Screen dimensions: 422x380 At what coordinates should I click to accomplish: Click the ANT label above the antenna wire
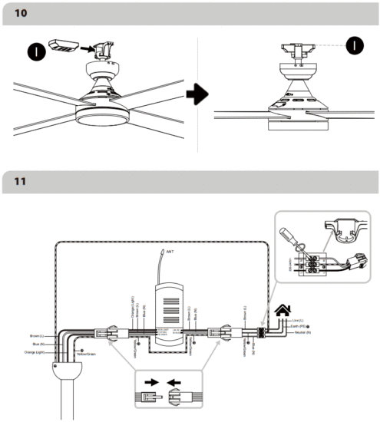pyautogui.click(x=171, y=252)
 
